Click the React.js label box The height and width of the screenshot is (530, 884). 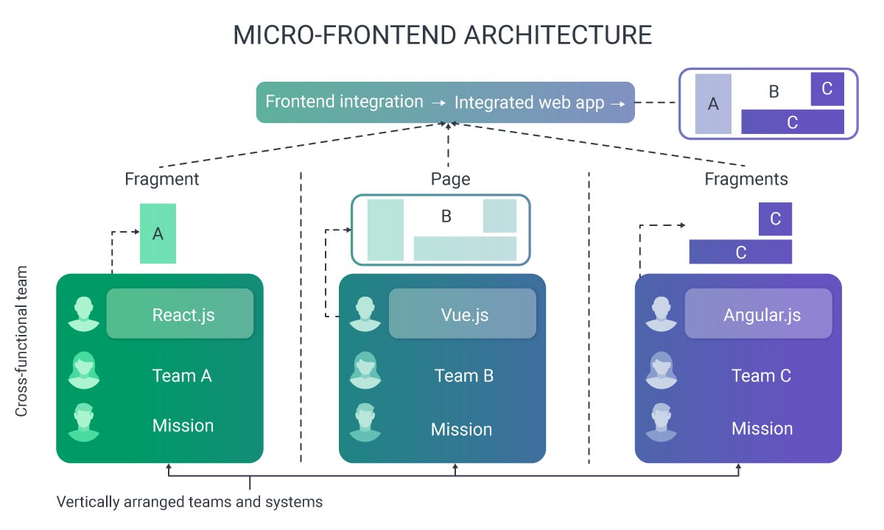pyautogui.click(x=180, y=314)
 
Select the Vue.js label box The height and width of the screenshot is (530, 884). pyautogui.click(x=462, y=314)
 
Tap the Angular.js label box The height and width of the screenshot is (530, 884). pyautogui.click(x=758, y=314)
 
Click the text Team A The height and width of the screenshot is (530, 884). pyautogui.click(x=182, y=375)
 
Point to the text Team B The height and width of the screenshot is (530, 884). pyautogui.click(x=463, y=375)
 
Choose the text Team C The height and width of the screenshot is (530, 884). pyautogui.click(x=761, y=375)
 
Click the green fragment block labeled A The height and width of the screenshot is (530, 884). pyautogui.click(x=158, y=233)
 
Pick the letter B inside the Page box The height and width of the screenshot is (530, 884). pyautogui.click(x=446, y=216)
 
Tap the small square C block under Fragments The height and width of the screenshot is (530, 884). pyautogui.click(x=775, y=219)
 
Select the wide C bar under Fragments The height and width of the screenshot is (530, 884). pyautogui.click(x=740, y=252)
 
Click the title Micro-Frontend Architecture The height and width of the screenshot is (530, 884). pyautogui.click(x=442, y=35)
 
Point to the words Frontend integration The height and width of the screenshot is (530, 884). pyautogui.click(x=344, y=102)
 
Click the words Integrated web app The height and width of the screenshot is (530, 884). pyautogui.click(x=529, y=102)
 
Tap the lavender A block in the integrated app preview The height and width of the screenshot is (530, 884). pyautogui.click(x=712, y=104)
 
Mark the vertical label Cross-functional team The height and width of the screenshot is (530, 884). pyautogui.click(x=21, y=341)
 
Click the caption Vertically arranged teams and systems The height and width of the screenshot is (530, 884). pyautogui.click(x=189, y=502)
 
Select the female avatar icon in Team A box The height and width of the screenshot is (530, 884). pyautogui.click(x=83, y=370)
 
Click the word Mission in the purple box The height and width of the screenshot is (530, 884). pyautogui.click(x=762, y=428)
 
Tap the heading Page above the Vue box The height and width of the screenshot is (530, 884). pyautogui.click(x=450, y=179)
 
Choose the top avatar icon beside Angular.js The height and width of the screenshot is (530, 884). pyautogui.click(x=661, y=314)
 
